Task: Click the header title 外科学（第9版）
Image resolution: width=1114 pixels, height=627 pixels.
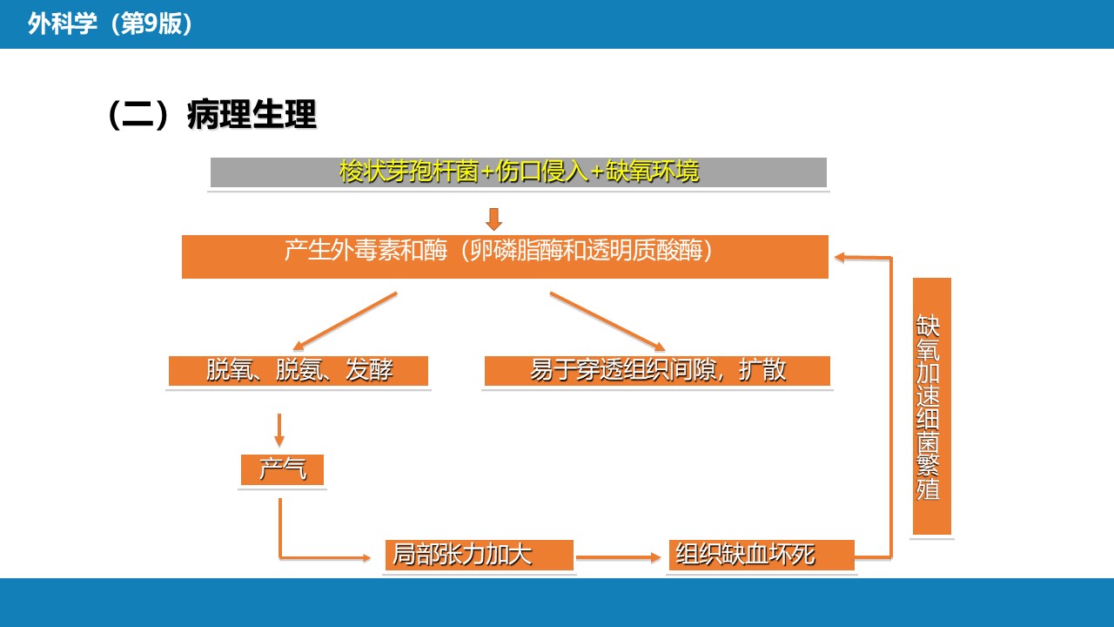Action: pyautogui.click(x=110, y=24)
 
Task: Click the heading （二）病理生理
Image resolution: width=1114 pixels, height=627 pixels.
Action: pyautogui.click(x=212, y=114)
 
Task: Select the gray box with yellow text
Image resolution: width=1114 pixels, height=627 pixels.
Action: pyautogui.click(x=518, y=172)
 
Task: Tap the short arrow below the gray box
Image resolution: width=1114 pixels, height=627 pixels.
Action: pyautogui.click(x=493, y=219)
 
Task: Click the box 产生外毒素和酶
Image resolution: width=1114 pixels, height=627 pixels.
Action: pyautogui.click(x=505, y=257)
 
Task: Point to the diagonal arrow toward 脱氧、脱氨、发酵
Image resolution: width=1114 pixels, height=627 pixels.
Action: pyautogui.click(x=345, y=321)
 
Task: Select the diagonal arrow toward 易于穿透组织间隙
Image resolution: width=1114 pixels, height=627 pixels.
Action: pyautogui.click(x=607, y=321)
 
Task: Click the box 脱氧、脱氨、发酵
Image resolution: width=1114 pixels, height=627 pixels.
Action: pyautogui.click(x=299, y=371)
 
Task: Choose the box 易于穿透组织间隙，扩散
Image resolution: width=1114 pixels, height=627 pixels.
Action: pyautogui.click(x=657, y=371)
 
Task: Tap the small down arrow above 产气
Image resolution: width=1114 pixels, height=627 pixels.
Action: pyautogui.click(x=279, y=430)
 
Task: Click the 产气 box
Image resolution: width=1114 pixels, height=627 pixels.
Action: pyautogui.click(x=282, y=469)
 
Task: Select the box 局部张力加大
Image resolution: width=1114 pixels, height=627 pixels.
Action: pyautogui.click(x=480, y=555)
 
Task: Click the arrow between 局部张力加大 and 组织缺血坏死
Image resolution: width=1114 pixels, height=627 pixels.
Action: pyautogui.click(x=618, y=558)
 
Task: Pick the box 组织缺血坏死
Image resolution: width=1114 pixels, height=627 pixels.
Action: pyautogui.click(x=762, y=555)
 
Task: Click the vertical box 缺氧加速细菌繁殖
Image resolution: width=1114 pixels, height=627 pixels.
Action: pyautogui.click(x=932, y=406)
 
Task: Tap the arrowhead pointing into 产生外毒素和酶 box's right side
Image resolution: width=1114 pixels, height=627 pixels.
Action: pyautogui.click(x=840, y=257)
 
